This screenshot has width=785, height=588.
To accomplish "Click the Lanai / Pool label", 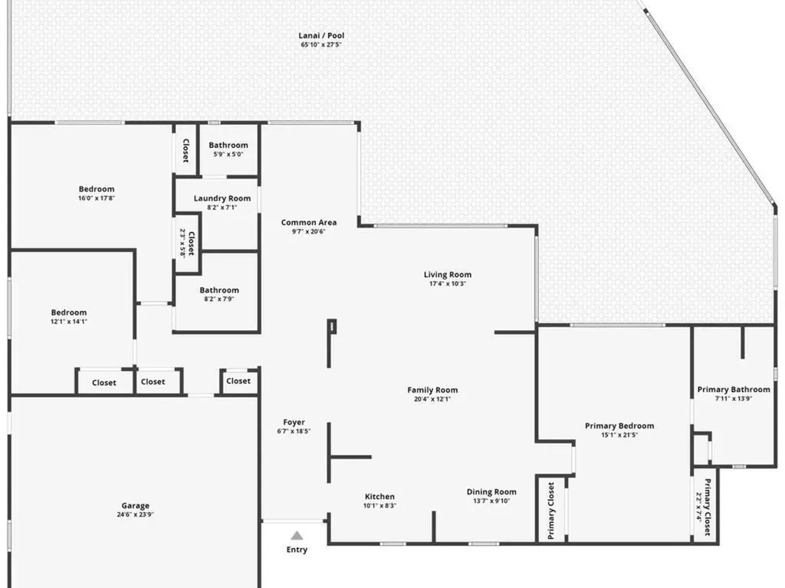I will coord(321,35).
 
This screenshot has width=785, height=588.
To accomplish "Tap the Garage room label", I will coord(135,505).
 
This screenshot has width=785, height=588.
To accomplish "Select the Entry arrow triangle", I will coord(297,535).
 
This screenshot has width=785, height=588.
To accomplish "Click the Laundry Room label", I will coord(222,198).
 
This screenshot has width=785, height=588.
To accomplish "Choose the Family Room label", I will coord(432,390).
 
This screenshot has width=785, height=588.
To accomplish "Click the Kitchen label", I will coord(379,496).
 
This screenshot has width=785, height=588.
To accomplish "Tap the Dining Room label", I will coord(491,492).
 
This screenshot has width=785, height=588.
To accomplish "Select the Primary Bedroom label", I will coord(619,426).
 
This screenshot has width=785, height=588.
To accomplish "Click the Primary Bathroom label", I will coord(734,390).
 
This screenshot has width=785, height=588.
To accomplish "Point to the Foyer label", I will coord(294,422).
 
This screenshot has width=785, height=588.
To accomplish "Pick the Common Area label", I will coord(308,223).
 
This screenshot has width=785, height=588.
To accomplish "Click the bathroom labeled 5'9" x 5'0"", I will coord(228,145).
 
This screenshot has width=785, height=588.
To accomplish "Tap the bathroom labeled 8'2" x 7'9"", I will coord(219,290).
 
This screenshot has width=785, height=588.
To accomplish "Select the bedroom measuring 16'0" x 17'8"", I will coord(97,189).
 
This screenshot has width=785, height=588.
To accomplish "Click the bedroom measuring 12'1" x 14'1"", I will coord(69,312).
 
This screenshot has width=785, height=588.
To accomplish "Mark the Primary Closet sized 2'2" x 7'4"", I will coord(703,507).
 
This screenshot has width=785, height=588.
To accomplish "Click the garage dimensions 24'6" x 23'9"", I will coord(135,514).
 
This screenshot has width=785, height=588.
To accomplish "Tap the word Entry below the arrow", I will coord(297,550).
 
